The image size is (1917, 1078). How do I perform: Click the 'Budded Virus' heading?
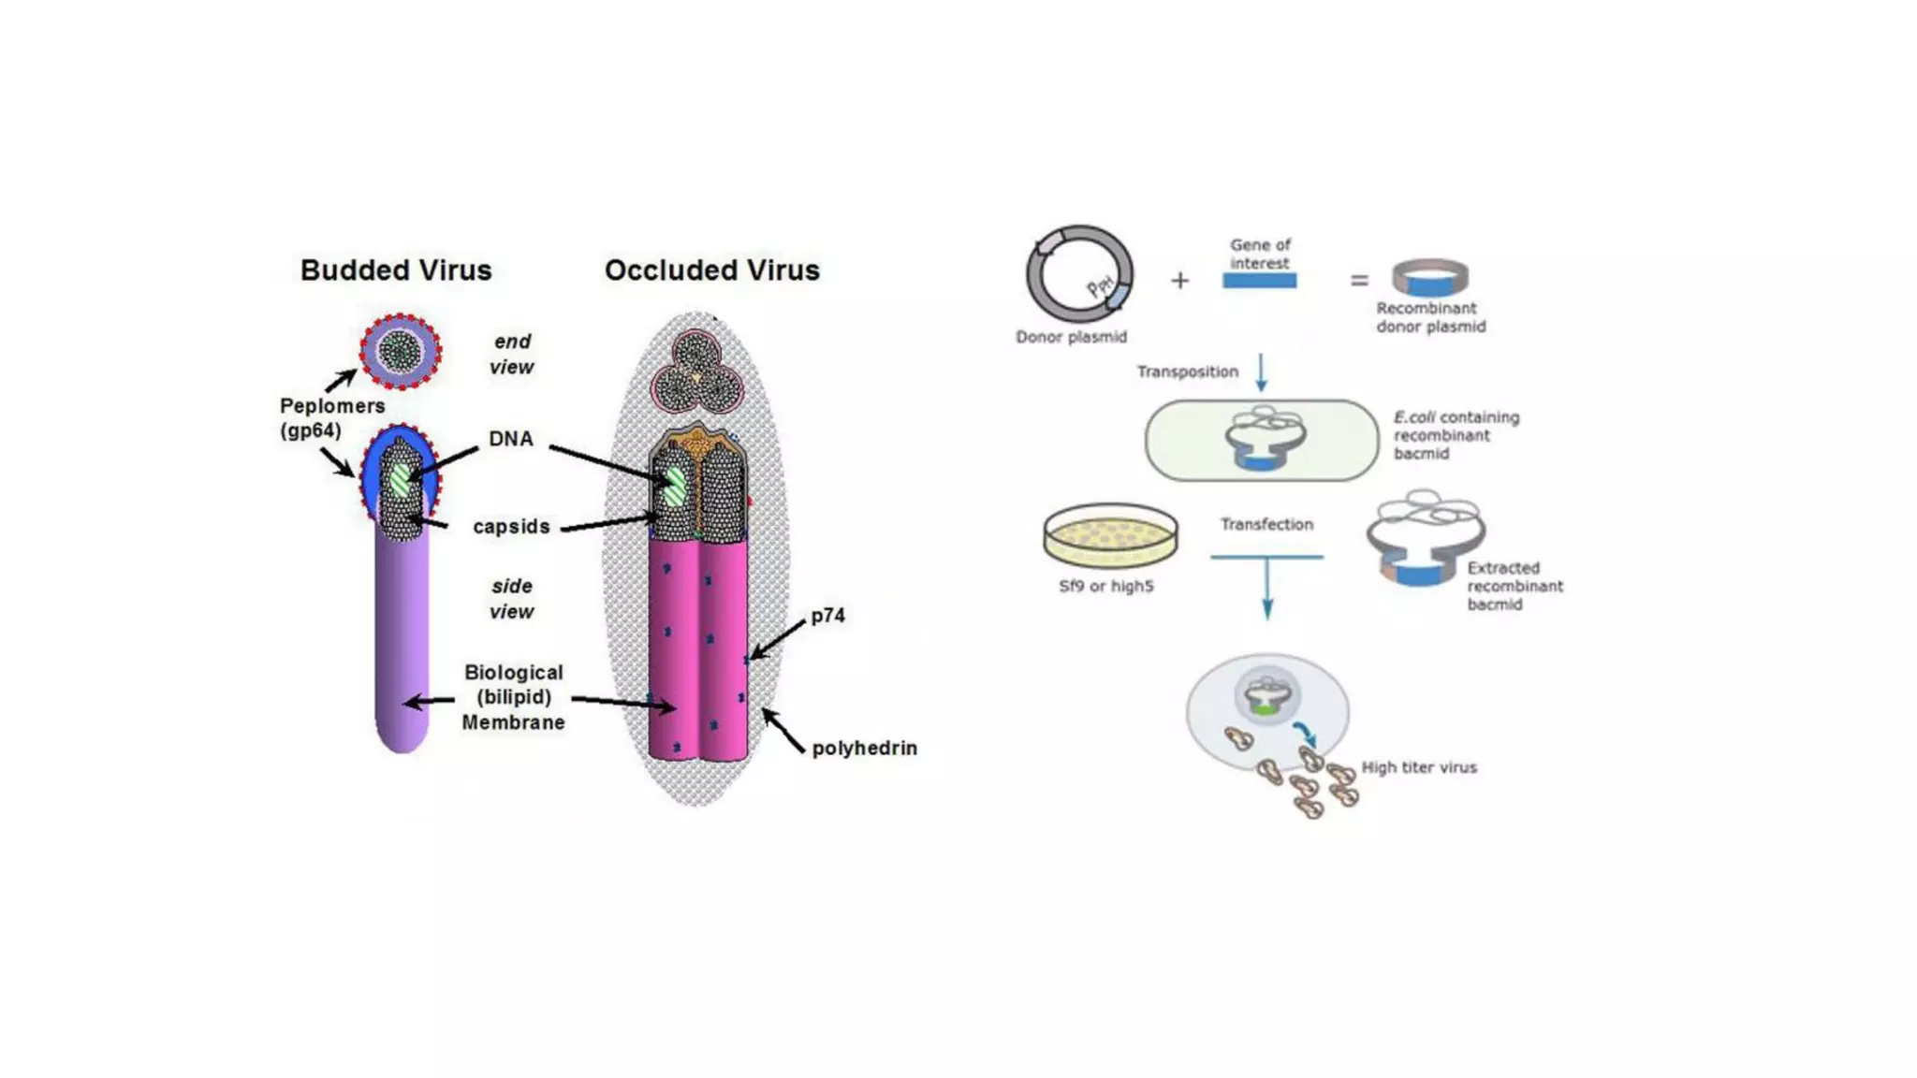click(395, 270)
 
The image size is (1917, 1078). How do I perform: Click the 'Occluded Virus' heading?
click(711, 270)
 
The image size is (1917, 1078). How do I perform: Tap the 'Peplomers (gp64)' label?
click(331, 418)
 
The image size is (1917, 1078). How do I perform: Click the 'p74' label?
click(827, 616)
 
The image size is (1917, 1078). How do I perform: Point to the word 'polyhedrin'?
click(864, 748)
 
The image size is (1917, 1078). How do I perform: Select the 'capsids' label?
click(511, 527)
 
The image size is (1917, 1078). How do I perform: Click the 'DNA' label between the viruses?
click(510, 439)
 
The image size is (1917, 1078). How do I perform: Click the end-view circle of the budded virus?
click(401, 352)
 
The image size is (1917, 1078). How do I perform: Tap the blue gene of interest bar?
click(1259, 281)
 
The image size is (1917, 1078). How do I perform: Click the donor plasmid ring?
click(1079, 274)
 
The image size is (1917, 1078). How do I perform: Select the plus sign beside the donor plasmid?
click(1179, 280)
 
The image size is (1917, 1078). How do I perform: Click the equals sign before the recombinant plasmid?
click(1359, 280)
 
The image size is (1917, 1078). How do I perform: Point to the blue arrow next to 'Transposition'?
click(1261, 371)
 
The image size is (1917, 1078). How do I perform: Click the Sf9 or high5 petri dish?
click(1110, 535)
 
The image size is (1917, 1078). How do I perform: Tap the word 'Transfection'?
click(1266, 525)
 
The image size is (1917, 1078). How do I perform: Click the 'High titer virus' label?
click(1418, 767)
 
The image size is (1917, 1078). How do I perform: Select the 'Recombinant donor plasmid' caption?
click(1429, 317)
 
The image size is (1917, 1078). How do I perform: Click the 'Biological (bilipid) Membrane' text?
click(513, 697)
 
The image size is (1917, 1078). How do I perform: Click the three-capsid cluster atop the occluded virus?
click(696, 372)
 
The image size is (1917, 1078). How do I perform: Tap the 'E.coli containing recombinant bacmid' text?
click(1455, 435)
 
